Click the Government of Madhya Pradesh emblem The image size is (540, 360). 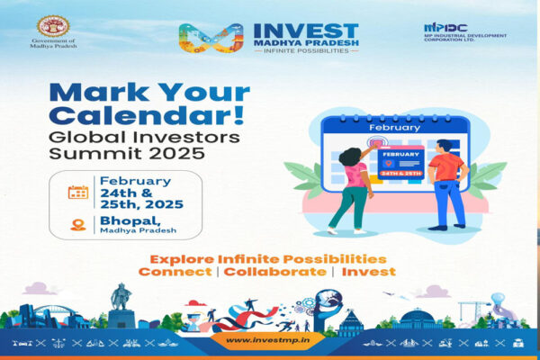click(53, 26)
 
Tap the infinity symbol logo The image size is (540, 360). click(211, 38)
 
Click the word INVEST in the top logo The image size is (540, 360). click(306, 31)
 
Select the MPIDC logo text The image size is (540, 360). click(445, 28)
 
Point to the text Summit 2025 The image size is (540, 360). click(127, 153)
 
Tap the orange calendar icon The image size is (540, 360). click(78, 193)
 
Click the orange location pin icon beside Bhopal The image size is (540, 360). click(78, 225)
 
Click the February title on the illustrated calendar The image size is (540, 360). click(395, 128)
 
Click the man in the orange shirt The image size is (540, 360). click(447, 185)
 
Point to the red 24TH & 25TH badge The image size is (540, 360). click(400, 174)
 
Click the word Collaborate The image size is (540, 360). click(275, 272)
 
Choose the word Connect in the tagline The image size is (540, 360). click(175, 272)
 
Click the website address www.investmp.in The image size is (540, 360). click(267, 340)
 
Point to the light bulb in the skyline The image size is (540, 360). click(498, 299)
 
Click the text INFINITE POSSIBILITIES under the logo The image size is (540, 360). click(306, 50)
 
